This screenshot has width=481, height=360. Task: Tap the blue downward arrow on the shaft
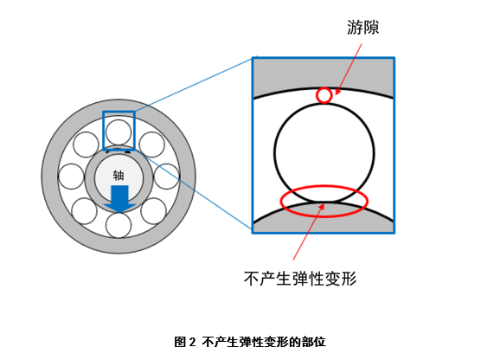click(119, 196)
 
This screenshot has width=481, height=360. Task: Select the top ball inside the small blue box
click(119, 132)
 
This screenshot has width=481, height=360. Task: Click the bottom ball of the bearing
click(119, 224)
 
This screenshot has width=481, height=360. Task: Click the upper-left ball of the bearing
click(86, 145)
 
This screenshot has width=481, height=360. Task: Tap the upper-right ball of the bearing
click(152, 145)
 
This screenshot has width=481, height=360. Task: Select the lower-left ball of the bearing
click(85, 210)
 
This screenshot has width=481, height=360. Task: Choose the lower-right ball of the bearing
click(152, 210)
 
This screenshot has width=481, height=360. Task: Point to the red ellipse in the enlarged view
click(285, 200)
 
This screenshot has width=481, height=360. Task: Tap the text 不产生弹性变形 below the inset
click(301, 278)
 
